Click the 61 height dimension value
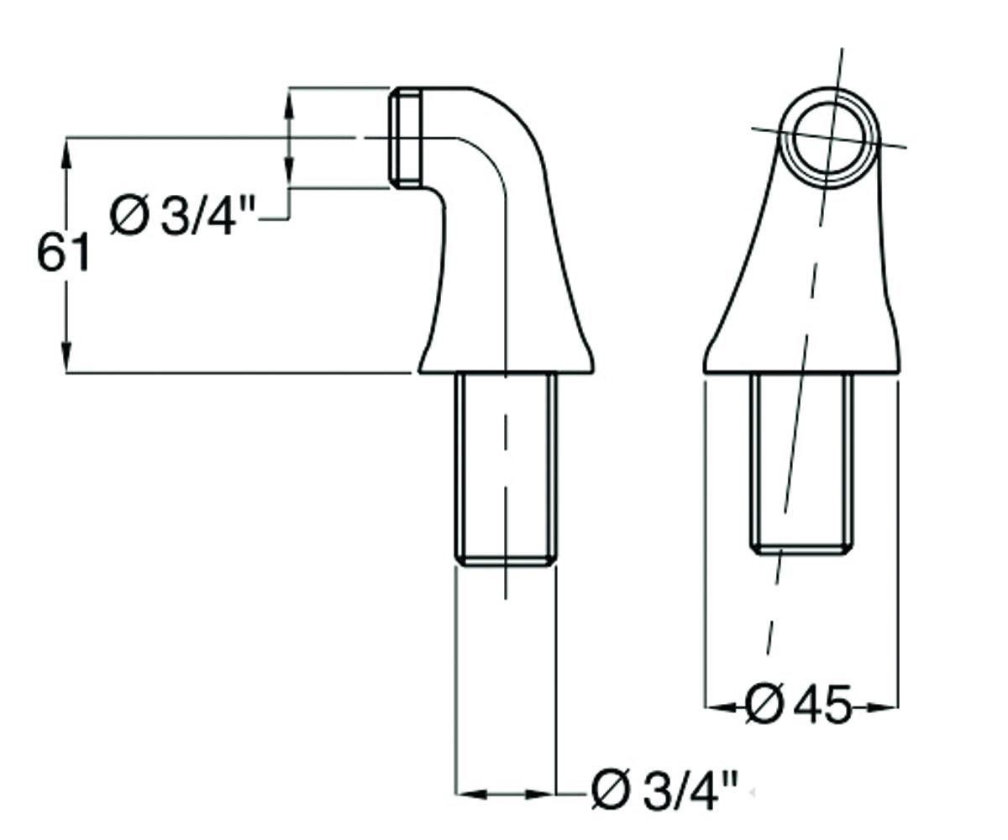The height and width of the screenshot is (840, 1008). [63, 251]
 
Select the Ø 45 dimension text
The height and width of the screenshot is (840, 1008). [798, 708]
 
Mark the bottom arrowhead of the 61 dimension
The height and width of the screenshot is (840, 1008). [66, 357]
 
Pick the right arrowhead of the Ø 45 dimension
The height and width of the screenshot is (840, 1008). [883, 707]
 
